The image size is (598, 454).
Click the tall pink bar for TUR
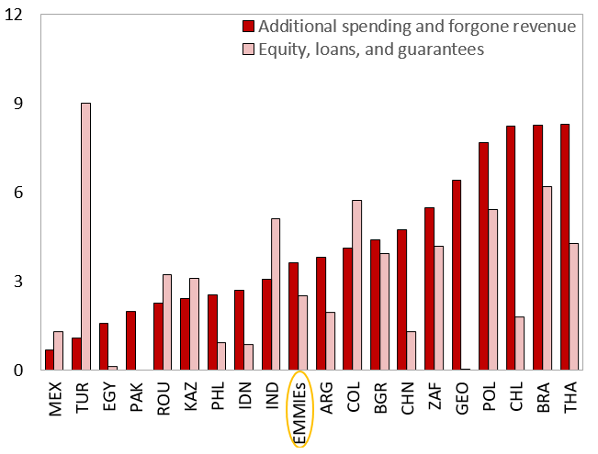coord(85,237)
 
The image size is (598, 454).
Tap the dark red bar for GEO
coord(457,275)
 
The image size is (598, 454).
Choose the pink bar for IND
coord(276,294)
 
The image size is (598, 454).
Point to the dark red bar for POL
coord(483,256)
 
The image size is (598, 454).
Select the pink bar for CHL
coord(520,343)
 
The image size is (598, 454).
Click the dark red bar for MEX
coord(49,360)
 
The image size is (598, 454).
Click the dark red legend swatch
coord(248,27)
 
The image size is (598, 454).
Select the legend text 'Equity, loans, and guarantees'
coord(370,49)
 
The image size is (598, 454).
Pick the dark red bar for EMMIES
coord(293,316)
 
